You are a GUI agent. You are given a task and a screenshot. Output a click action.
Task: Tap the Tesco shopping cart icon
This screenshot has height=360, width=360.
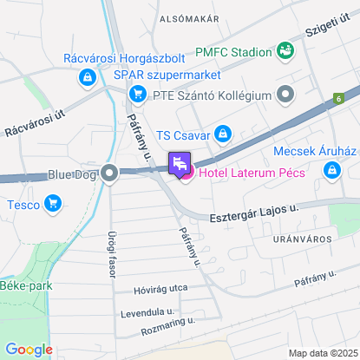[54, 205]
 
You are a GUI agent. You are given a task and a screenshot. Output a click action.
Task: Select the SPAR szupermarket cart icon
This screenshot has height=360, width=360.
[136, 94]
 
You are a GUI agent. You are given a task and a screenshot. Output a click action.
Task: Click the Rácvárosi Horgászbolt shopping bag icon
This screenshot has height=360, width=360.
[87, 78]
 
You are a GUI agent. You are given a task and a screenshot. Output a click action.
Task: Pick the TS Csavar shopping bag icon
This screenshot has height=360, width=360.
[223, 134]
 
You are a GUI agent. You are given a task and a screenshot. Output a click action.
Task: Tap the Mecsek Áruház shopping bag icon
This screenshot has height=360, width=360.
[331, 172]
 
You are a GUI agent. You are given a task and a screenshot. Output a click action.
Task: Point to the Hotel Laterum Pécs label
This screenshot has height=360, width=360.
[251, 173]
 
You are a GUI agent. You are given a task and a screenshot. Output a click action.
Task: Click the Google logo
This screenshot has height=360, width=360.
[29, 349]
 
